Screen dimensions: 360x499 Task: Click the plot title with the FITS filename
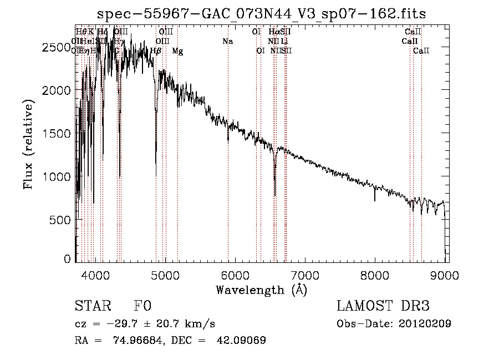coord(261,14)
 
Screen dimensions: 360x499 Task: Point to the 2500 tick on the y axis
coord(55,48)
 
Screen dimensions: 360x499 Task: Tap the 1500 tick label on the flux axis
coord(55,134)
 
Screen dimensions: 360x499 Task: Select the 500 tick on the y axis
coord(60,220)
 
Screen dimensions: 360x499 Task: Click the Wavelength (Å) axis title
coord(261,290)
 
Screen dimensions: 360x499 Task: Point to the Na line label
coord(227,41)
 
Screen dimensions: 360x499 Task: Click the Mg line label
coord(177,51)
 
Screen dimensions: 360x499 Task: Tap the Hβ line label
coord(156,51)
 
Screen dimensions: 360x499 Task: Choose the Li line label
coord(284,41)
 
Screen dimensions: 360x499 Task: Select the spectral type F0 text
coord(142,307)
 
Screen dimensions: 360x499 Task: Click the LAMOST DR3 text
coord(383,307)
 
